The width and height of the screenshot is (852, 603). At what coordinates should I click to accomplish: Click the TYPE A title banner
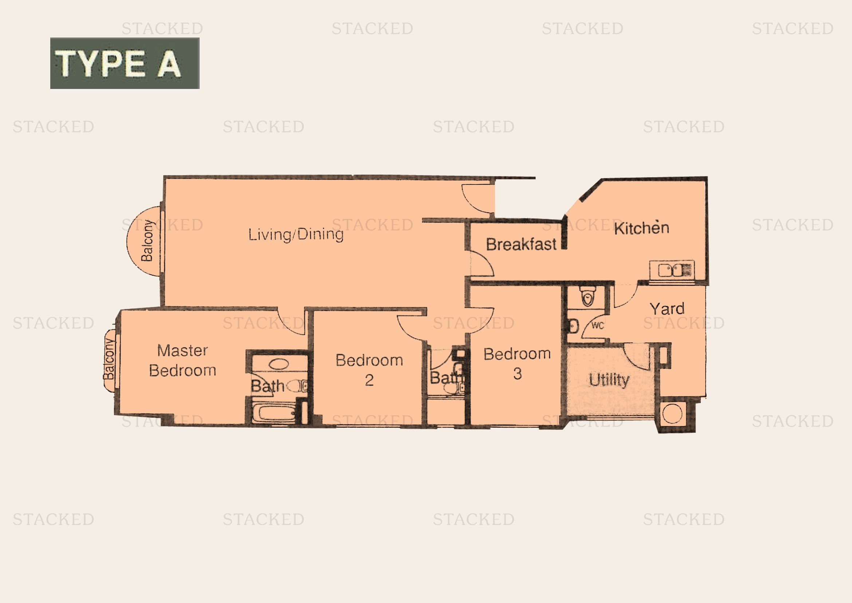[125, 63]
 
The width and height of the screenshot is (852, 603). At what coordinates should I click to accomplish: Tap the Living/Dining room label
[296, 235]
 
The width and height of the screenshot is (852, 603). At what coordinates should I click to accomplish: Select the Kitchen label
[641, 228]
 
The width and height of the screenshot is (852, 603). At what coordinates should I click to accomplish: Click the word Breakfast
[521, 244]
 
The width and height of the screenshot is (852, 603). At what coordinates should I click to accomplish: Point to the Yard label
[667, 308]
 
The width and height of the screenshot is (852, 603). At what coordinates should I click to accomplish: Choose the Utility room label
[609, 380]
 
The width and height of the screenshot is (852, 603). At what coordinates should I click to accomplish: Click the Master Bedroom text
[182, 361]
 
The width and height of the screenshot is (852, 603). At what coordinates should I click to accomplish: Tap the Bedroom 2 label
[369, 370]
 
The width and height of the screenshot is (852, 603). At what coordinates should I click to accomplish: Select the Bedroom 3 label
[517, 363]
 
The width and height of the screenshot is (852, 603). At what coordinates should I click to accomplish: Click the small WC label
[597, 326]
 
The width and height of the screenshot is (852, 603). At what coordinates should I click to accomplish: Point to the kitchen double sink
[672, 270]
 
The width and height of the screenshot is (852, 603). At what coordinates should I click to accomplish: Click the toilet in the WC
[588, 296]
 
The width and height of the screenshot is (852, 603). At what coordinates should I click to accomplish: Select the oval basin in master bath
[278, 364]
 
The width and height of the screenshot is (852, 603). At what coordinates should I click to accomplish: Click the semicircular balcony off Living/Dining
[143, 241]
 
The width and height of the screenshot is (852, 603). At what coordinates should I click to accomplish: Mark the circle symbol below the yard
[672, 414]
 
